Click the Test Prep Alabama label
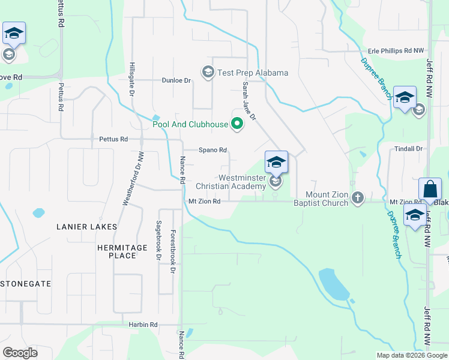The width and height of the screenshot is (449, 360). (x=252, y=73)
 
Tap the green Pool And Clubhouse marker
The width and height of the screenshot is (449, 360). (x=237, y=125)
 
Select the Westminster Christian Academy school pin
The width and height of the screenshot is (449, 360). (x=276, y=162)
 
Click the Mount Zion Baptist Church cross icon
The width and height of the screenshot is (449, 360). (x=358, y=197)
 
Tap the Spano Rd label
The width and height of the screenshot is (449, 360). (x=212, y=150)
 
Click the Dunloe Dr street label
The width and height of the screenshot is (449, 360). (x=176, y=80)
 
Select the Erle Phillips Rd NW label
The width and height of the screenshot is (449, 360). (x=396, y=52)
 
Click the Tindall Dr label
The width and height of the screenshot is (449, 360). (x=411, y=149)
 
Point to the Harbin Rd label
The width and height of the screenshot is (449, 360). (x=143, y=325)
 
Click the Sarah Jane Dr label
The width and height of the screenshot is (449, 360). (x=249, y=101)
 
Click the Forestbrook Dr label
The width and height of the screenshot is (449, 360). (x=173, y=252)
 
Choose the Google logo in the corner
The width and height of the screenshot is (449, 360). (x=20, y=353)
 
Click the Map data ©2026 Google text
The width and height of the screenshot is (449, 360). (x=412, y=355)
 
